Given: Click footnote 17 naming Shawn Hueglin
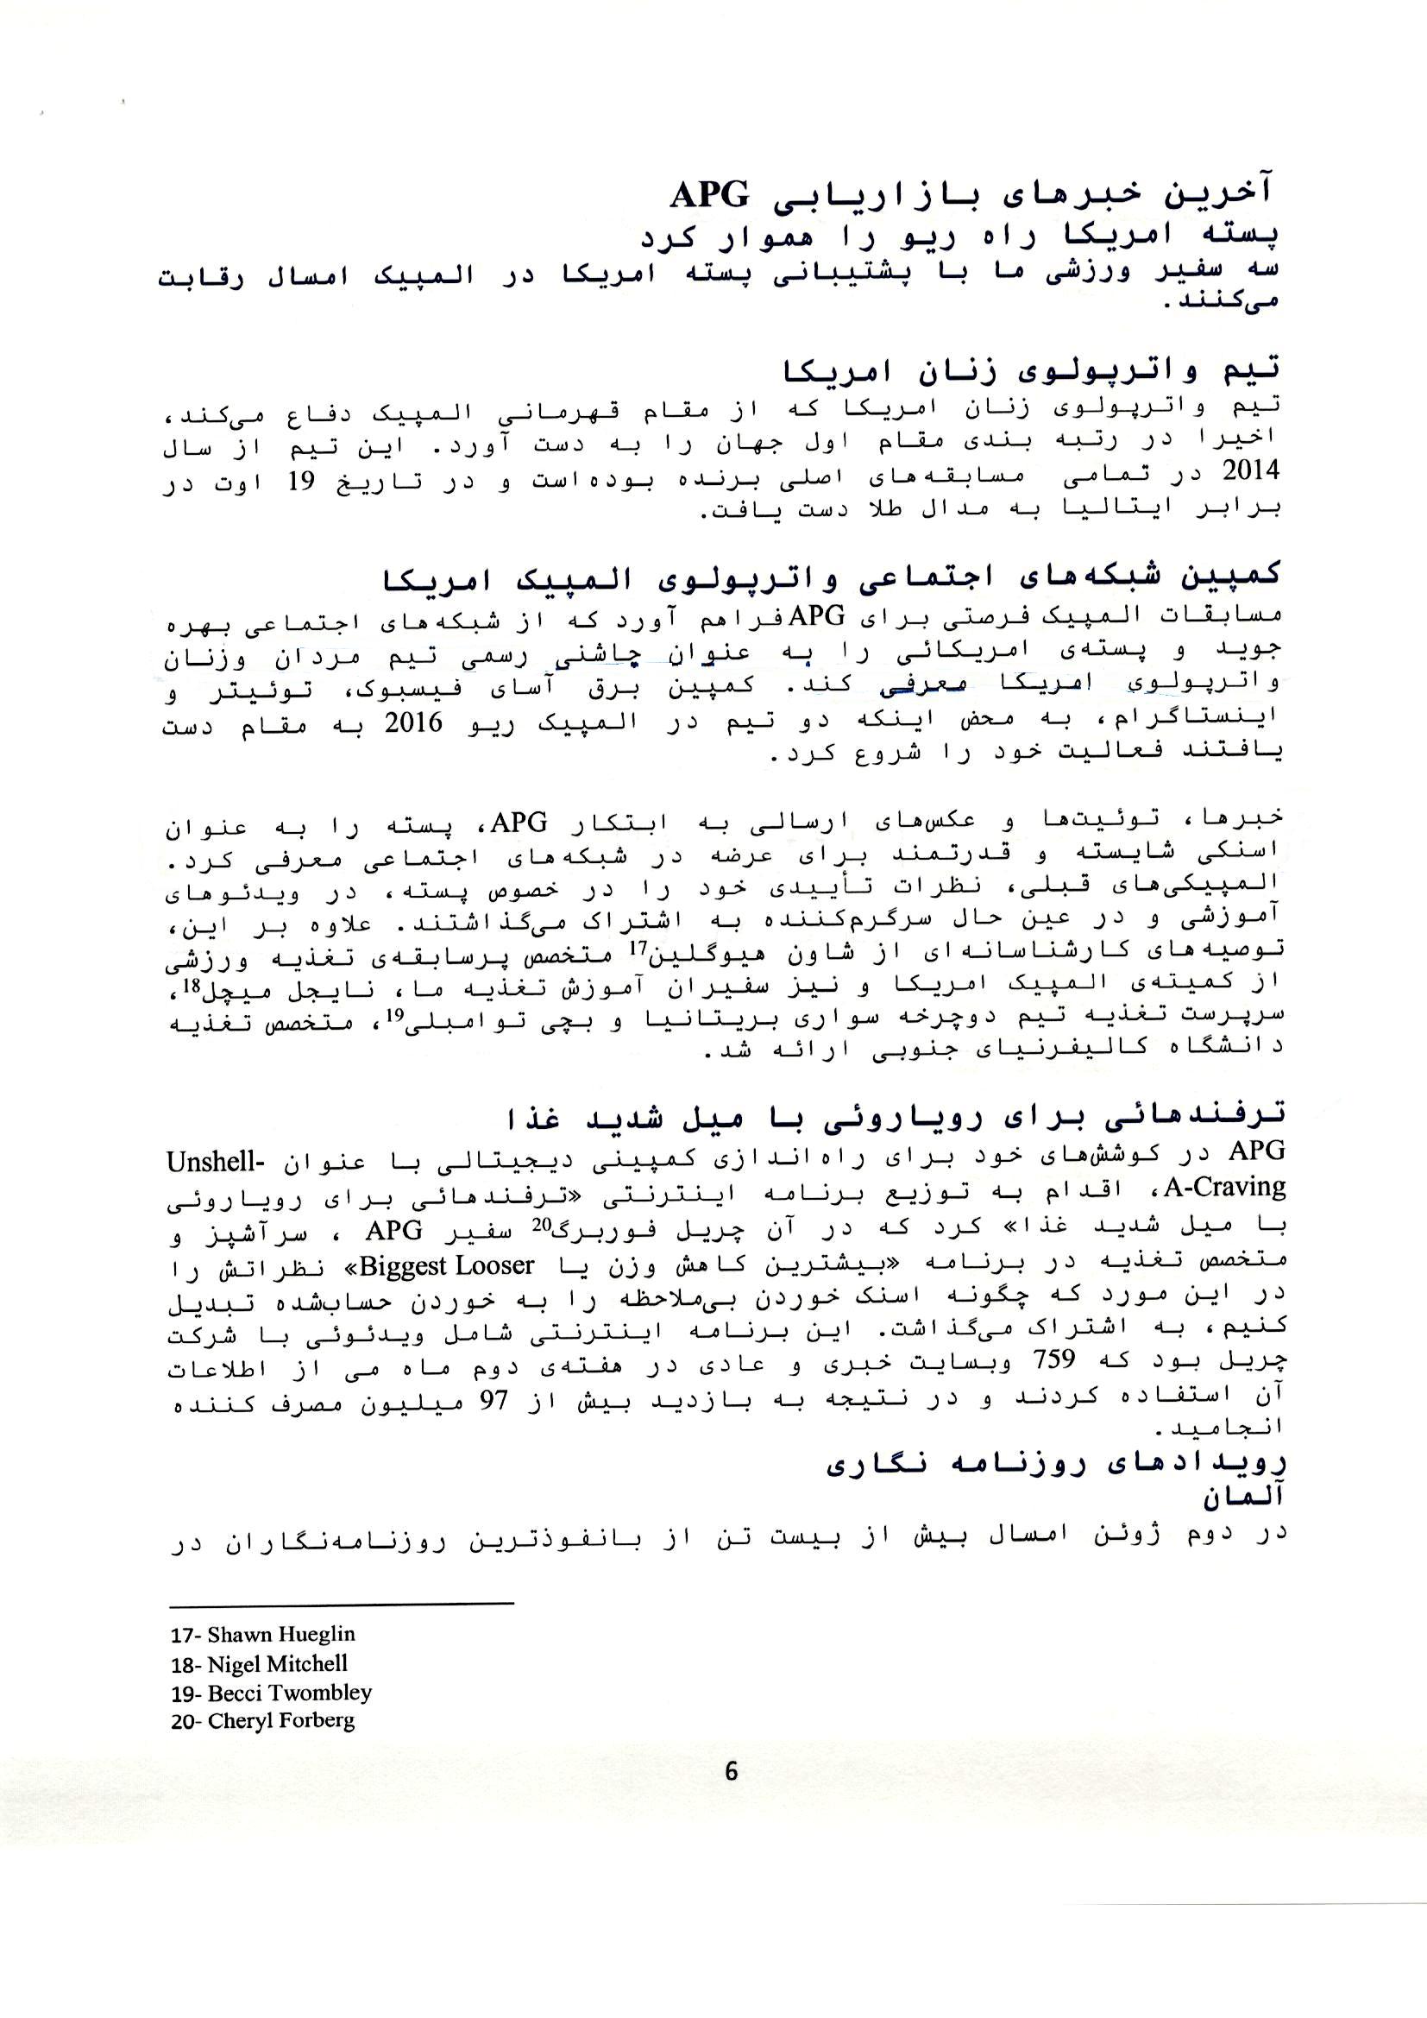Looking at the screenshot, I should coord(263,1635).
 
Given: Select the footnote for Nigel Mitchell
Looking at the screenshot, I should coord(259,1664).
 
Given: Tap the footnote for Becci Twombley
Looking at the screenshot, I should coord(271,1693).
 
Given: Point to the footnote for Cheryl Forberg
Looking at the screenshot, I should coord(263,1721).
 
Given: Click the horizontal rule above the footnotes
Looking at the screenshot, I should coord(341,1604).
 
